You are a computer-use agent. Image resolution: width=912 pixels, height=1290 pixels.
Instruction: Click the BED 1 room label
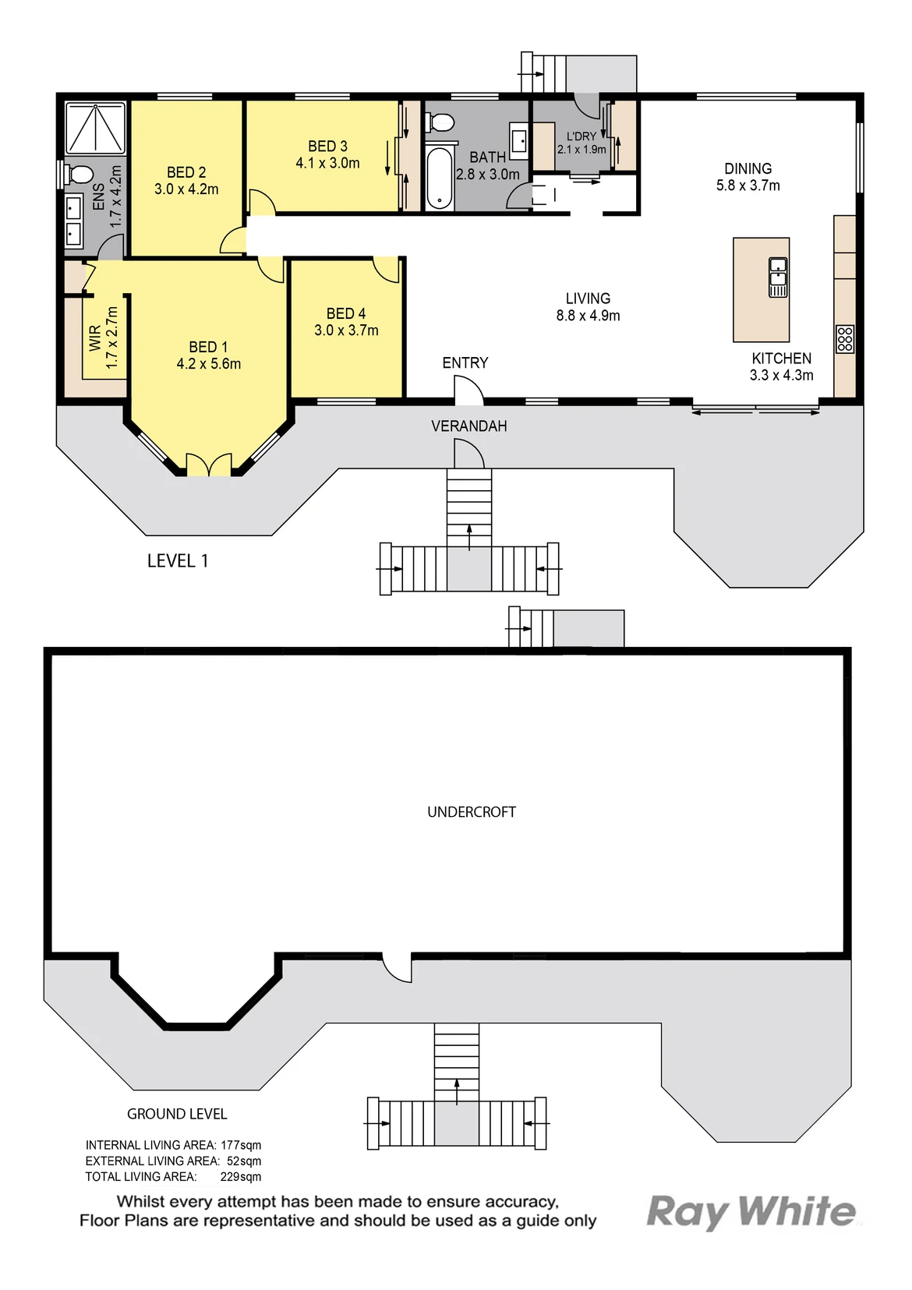point(208,347)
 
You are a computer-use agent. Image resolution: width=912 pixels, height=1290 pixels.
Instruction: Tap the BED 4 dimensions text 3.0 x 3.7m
point(346,330)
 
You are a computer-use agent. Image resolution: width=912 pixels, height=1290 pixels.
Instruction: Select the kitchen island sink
point(778,277)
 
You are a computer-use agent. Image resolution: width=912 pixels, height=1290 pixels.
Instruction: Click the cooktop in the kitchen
point(845,339)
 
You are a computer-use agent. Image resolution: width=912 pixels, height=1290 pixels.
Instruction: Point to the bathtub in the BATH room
point(440,178)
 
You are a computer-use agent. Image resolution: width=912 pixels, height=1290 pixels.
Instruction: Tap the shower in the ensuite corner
point(95,128)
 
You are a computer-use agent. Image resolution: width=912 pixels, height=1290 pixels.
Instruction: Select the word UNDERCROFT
point(472,812)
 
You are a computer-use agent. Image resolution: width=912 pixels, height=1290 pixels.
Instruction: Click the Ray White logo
point(751,1211)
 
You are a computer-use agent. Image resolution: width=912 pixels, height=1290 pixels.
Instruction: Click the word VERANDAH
point(469,426)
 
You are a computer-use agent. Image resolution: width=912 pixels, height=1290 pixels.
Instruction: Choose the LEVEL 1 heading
point(178,561)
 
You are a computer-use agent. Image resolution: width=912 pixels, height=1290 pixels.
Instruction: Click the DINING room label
point(748,168)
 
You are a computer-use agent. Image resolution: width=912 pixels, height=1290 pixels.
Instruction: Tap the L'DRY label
point(581,136)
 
